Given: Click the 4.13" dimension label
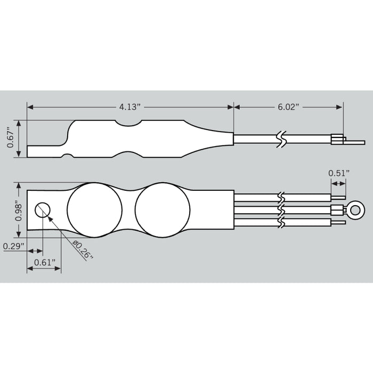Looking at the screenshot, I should coord(130,107).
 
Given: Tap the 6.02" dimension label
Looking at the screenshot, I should coord(288,107).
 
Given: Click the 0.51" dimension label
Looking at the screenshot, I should coord(339,173).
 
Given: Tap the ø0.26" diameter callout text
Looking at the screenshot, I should coord(83,249).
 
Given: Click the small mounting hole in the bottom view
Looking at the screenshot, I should coord(43,210).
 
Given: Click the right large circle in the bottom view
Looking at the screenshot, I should coord(162,210).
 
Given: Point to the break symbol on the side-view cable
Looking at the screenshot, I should coord(282,139).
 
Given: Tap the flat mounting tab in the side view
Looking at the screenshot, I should coord(45,151).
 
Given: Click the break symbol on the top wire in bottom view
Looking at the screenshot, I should coord(282,198).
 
